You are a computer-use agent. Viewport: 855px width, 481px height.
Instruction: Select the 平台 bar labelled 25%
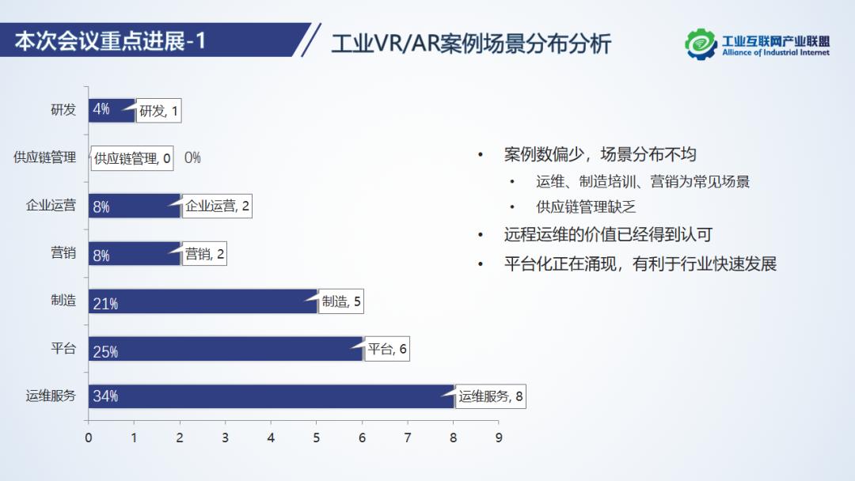(226, 349)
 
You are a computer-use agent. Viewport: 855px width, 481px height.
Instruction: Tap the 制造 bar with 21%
(203, 301)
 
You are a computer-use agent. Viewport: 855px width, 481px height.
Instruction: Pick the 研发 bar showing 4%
(112, 110)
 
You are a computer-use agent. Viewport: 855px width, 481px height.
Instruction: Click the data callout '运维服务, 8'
(491, 397)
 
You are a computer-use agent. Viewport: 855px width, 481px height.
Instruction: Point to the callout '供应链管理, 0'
(132, 159)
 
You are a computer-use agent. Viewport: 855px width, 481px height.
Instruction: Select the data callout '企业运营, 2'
(217, 207)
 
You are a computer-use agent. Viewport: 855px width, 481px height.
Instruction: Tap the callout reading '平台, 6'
(388, 350)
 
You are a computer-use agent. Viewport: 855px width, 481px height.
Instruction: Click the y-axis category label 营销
(63, 253)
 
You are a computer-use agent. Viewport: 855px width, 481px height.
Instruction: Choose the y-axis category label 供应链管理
(45, 157)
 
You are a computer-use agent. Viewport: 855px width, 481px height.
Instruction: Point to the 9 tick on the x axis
(498, 437)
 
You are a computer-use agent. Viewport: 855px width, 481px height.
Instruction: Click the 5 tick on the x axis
(317, 437)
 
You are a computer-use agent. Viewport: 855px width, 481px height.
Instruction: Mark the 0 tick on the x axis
(89, 437)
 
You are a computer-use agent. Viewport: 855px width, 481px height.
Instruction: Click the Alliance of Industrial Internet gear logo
(701, 44)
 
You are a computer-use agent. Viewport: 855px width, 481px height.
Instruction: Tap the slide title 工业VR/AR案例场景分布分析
(471, 44)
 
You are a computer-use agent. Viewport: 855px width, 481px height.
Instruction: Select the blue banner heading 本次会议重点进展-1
(111, 40)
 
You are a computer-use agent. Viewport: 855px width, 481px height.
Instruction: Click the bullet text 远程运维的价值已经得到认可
(608, 235)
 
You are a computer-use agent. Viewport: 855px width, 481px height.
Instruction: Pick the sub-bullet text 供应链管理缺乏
(586, 207)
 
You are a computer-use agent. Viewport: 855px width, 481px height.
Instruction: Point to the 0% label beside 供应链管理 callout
(192, 158)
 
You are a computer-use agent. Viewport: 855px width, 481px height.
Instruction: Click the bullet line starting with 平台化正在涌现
(640, 264)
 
